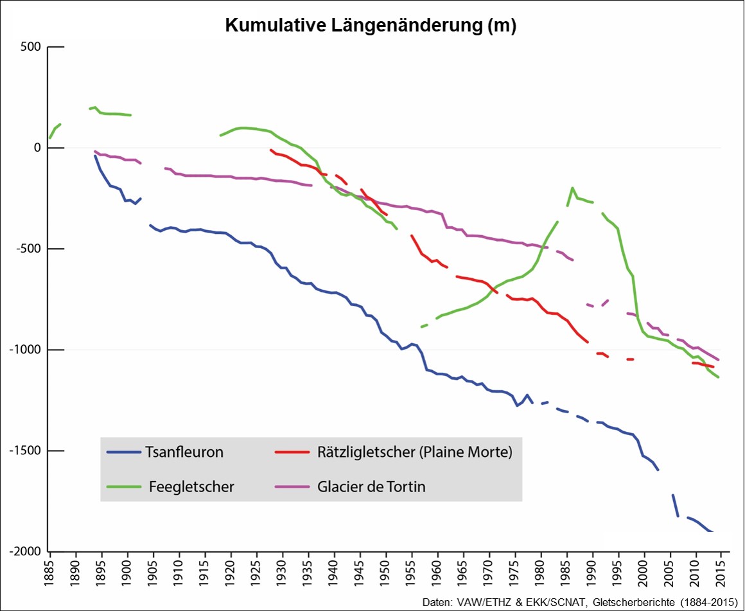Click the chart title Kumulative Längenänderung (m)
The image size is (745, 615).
tap(371, 26)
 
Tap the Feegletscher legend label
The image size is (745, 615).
tap(192, 486)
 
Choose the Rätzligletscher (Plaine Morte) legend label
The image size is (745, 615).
tap(415, 452)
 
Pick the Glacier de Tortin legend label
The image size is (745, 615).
tap(371, 486)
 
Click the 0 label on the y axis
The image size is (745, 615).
tap(37, 148)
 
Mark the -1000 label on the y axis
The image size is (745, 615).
tap(24, 350)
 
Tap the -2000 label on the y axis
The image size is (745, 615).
tap(24, 551)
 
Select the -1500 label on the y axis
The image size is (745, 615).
tap(24, 450)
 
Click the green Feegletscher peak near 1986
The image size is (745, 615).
tap(572, 188)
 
